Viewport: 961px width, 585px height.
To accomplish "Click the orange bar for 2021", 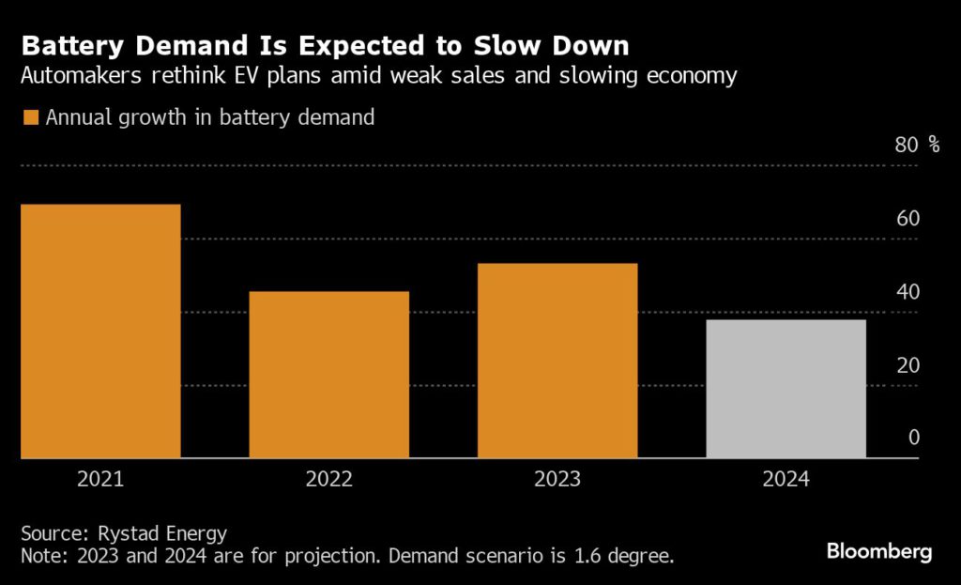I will [x=100, y=331].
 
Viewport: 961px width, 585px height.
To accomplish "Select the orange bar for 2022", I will [x=328, y=375].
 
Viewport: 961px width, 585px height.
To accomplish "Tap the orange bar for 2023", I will [x=557, y=361].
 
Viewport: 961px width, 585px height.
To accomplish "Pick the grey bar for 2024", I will [x=786, y=389].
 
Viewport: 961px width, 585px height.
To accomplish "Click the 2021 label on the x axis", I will [x=100, y=479].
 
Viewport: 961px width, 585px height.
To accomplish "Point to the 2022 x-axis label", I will [x=328, y=479].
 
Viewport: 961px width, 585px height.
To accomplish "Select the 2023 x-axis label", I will [x=557, y=479].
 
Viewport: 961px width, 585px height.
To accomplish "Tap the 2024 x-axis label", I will [x=786, y=479].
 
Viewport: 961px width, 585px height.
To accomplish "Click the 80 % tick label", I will [x=917, y=145].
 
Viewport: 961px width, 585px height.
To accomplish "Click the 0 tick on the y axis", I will [x=913, y=438].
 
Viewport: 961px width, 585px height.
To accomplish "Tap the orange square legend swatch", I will [x=30, y=117].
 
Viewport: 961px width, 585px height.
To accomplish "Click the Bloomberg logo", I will [x=879, y=551].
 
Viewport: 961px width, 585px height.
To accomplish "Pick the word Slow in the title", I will [x=509, y=45].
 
